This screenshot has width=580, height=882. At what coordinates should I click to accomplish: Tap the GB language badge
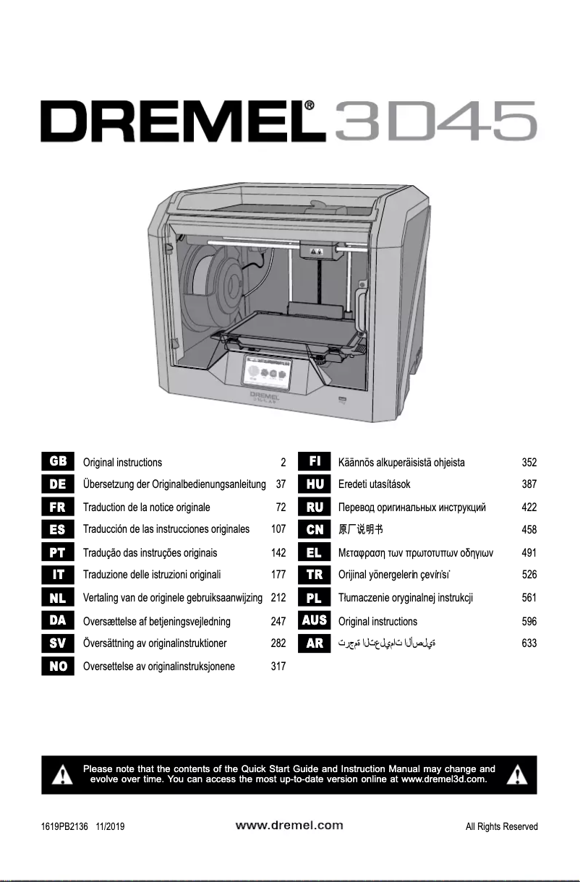pyautogui.click(x=58, y=462)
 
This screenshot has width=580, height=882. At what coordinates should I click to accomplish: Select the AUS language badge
pyautogui.click(x=315, y=620)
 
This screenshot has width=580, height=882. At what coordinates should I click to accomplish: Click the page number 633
pyautogui.click(x=529, y=643)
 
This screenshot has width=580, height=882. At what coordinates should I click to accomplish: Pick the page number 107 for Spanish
pyautogui.click(x=278, y=529)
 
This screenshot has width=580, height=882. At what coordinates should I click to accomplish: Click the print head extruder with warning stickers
pyautogui.click(x=317, y=251)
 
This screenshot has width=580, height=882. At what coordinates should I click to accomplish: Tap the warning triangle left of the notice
pyautogui.click(x=63, y=775)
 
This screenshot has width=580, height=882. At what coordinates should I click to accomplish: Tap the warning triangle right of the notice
pyautogui.click(x=516, y=775)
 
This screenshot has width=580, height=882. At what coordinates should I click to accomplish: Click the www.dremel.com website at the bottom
pyautogui.click(x=289, y=825)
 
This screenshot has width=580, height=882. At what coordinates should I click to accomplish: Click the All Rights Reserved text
pyautogui.click(x=501, y=826)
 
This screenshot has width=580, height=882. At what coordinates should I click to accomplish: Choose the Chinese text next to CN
pyautogui.click(x=359, y=529)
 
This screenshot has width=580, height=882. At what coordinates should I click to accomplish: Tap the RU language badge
pyautogui.click(x=315, y=507)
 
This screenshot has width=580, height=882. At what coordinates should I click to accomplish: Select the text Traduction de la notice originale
pyautogui.click(x=147, y=507)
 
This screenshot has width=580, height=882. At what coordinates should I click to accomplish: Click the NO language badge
pyautogui.click(x=58, y=666)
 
